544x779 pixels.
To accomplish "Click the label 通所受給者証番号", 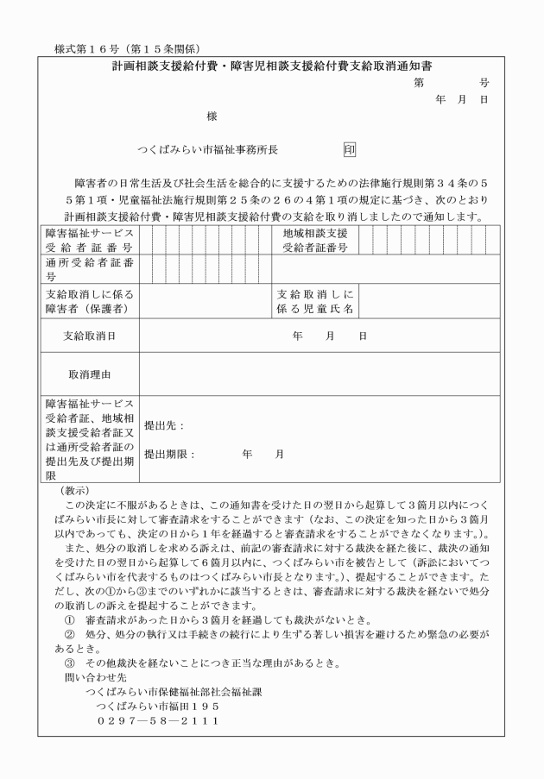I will pyautogui.click(x=87, y=270).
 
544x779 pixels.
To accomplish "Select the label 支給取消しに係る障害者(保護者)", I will pyautogui.click(x=87, y=301).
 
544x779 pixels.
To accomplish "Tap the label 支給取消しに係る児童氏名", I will pyautogui.click(x=314, y=301).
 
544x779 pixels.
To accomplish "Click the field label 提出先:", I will pyautogui.click(x=164, y=425).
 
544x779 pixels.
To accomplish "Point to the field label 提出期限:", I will pyautogui.click(x=169, y=454).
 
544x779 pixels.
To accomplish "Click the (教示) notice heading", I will pyautogui.click(x=71, y=491).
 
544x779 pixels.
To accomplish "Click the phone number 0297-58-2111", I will pyautogui.click(x=157, y=719).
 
